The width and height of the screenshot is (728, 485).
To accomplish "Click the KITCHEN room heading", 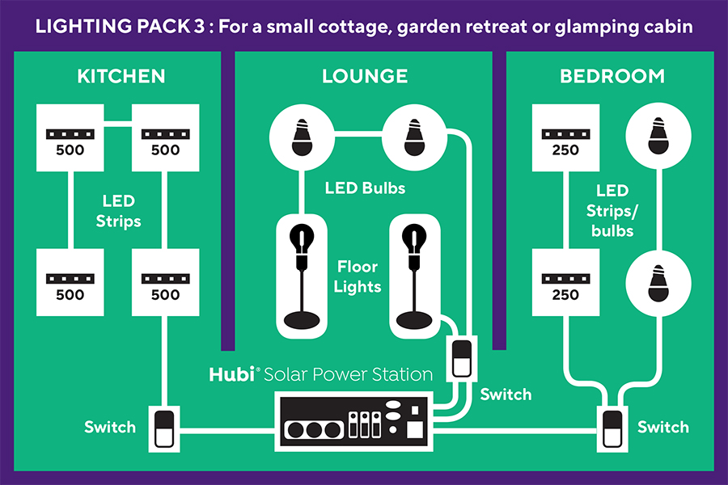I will (x=121, y=77).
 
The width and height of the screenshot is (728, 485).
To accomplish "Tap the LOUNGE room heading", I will (x=365, y=77).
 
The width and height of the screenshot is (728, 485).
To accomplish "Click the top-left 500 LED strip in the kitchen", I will (x=70, y=138).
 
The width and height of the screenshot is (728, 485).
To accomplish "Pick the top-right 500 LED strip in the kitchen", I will (x=165, y=138).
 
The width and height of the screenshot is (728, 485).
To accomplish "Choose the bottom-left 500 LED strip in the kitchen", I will (x=70, y=282).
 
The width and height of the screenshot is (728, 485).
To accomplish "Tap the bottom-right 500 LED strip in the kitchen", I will (x=165, y=282).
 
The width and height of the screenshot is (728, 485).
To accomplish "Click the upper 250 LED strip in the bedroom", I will (x=565, y=138).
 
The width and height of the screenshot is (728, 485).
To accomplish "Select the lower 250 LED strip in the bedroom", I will (x=565, y=282).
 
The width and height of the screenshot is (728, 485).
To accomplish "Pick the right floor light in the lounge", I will (x=415, y=275).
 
